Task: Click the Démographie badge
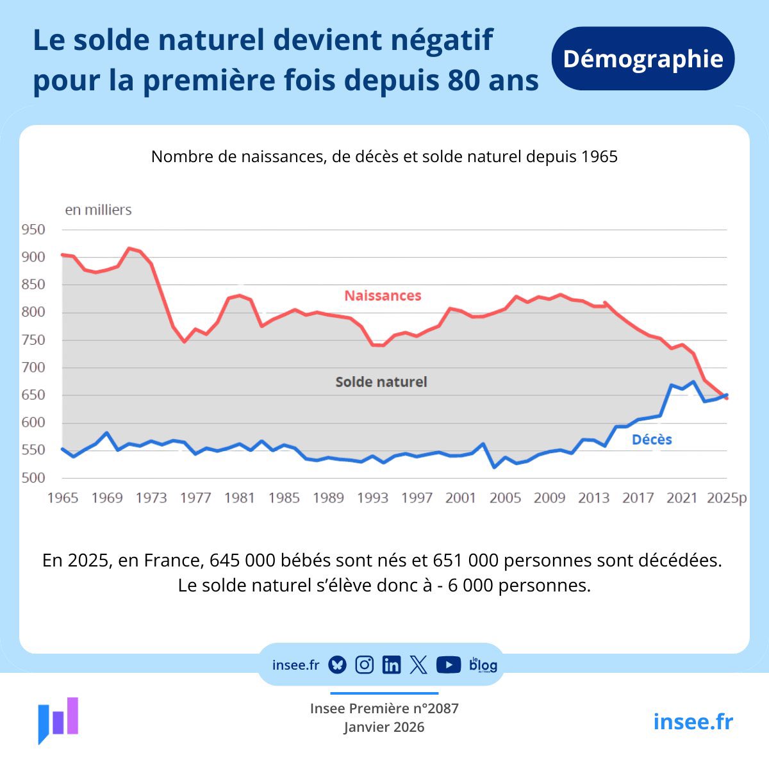(x=643, y=59)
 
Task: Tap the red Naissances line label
(x=383, y=295)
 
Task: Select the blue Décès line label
(x=652, y=440)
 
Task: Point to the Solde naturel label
(x=381, y=382)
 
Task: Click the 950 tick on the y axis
(x=33, y=229)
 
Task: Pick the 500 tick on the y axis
(x=33, y=477)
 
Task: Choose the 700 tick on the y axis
(x=33, y=367)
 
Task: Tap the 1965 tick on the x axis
(x=63, y=498)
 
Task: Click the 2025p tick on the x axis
(x=727, y=498)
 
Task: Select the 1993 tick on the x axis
(x=372, y=498)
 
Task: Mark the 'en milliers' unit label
(x=98, y=210)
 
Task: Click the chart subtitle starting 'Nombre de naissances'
(x=384, y=157)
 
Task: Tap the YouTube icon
(x=449, y=665)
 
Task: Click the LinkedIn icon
(x=391, y=665)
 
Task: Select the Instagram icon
(x=364, y=665)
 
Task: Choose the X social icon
(x=418, y=665)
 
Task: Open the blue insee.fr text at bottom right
(x=693, y=722)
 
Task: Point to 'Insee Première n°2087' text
(x=384, y=708)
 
